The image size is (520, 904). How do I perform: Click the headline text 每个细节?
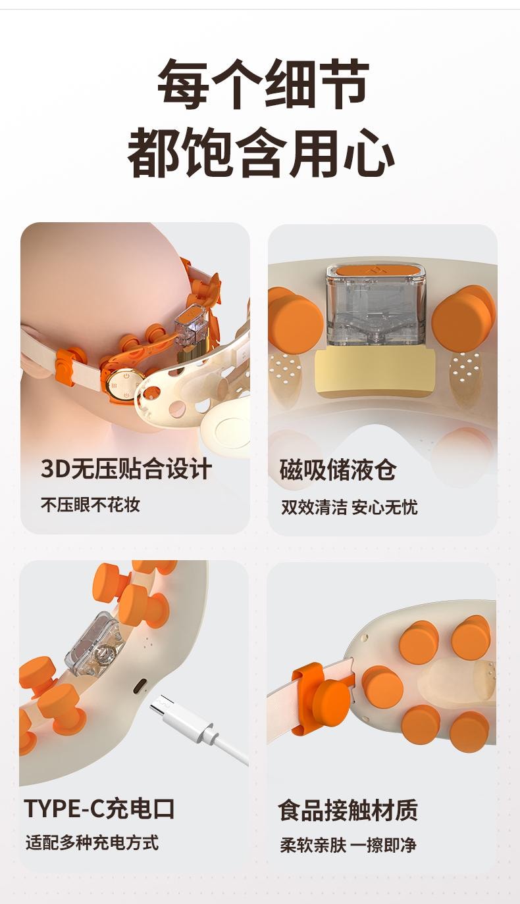[262, 84]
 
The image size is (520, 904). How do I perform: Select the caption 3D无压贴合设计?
[126, 469]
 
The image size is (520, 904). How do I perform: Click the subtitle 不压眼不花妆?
[90, 505]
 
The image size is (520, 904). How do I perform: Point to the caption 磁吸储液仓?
[338, 470]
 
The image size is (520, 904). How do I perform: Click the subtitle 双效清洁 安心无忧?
[349, 507]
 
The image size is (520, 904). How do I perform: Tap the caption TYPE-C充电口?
[99, 808]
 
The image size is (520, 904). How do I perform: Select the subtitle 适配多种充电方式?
[92, 843]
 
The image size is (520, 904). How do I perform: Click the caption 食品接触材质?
[348, 810]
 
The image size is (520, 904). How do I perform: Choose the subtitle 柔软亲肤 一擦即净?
[348, 845]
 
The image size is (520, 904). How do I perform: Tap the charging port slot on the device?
[140, 686]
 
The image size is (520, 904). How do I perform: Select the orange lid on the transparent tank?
[376, 270]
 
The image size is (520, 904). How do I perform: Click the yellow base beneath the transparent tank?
[375, 372]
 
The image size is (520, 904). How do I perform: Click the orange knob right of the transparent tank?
[463, 320]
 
